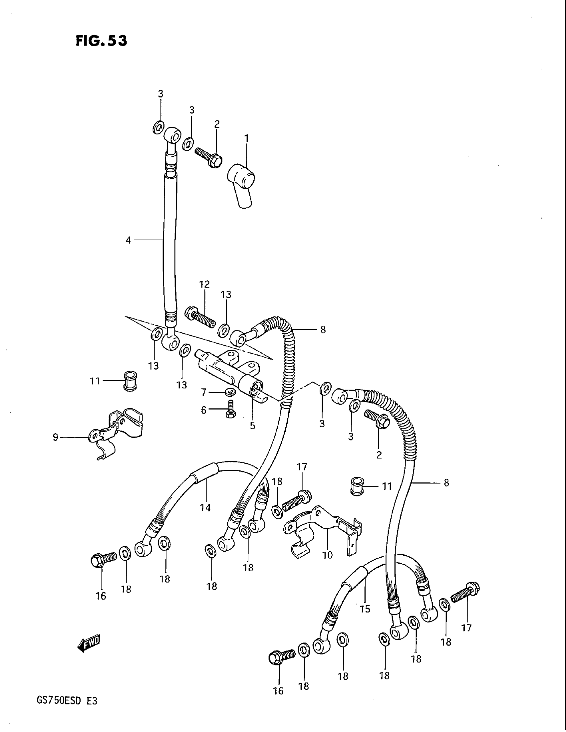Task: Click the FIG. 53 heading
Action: (101, 41)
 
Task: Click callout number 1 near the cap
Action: (246, 138)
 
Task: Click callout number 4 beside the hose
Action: (129, 240)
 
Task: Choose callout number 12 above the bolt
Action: (204, 284)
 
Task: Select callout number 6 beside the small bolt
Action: (203, 410)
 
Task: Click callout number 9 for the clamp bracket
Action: (56, 437)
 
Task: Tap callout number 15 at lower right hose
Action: (365, 608)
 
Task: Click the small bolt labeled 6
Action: (230, 409)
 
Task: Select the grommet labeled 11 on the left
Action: (131, 381)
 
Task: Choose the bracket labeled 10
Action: (322, 530)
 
